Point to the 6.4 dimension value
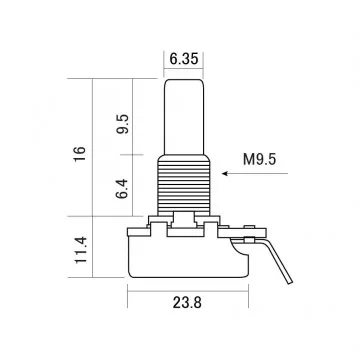point(122,187)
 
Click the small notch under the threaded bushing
point(182,217)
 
